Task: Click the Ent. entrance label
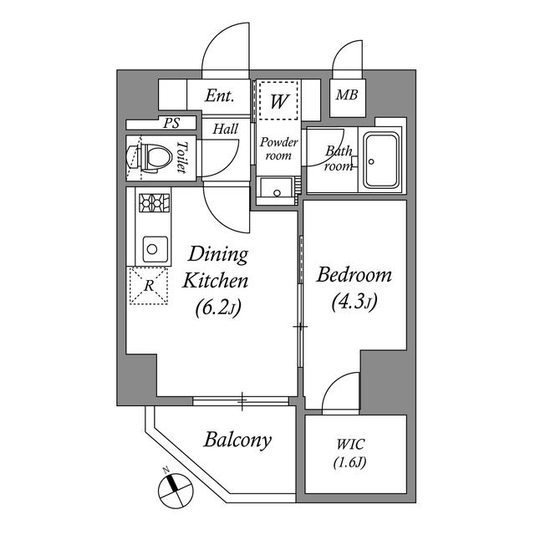220,96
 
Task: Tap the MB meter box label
347,94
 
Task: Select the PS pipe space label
171,123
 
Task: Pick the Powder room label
278,148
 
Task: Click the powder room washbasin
277,191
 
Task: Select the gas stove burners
154,201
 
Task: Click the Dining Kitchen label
217,267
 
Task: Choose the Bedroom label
355,275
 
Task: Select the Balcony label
237,440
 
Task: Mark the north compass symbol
172,485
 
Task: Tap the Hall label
225,130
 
